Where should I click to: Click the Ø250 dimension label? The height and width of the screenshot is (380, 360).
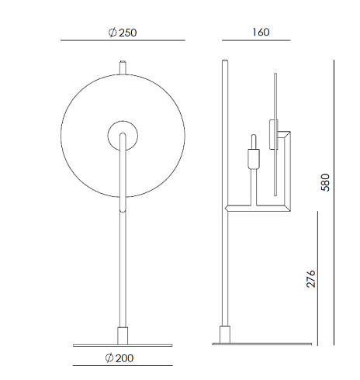pos(123,33)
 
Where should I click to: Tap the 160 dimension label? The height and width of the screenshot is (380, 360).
pos(261,32)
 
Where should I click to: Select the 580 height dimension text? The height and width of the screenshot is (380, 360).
pos(326,182)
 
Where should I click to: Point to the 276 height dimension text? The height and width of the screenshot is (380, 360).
pos(311,278)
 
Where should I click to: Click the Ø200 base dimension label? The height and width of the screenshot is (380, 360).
pos(119,358)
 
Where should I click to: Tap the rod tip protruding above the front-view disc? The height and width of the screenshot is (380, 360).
pos(123,67)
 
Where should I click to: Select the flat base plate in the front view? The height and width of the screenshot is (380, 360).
pos(123,345)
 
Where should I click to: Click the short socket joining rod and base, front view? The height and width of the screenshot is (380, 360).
pos(123,336)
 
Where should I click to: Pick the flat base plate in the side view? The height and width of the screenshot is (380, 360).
pos(262,344)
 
